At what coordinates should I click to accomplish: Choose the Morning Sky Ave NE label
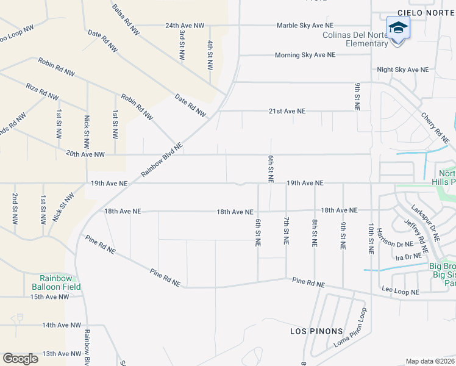305,55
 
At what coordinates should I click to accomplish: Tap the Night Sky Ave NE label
402,70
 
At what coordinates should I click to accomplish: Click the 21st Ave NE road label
287,112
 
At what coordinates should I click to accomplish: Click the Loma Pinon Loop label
350,328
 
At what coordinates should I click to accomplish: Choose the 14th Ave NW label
62,326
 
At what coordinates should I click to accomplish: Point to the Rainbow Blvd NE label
162,160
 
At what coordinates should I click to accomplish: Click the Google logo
20,358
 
